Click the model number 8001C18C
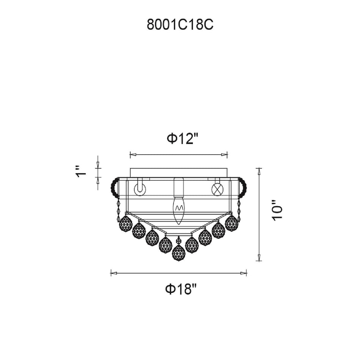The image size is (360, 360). (x=180, y=25)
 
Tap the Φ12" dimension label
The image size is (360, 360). (x=183, y=139)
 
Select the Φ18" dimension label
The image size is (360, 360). (x=181, y=289)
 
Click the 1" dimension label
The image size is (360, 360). (x=81, y=171)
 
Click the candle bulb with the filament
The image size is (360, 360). (x=178, y=210)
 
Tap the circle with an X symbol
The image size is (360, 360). (x=217, y=189)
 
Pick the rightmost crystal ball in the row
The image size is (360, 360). (x=232, y=223)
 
